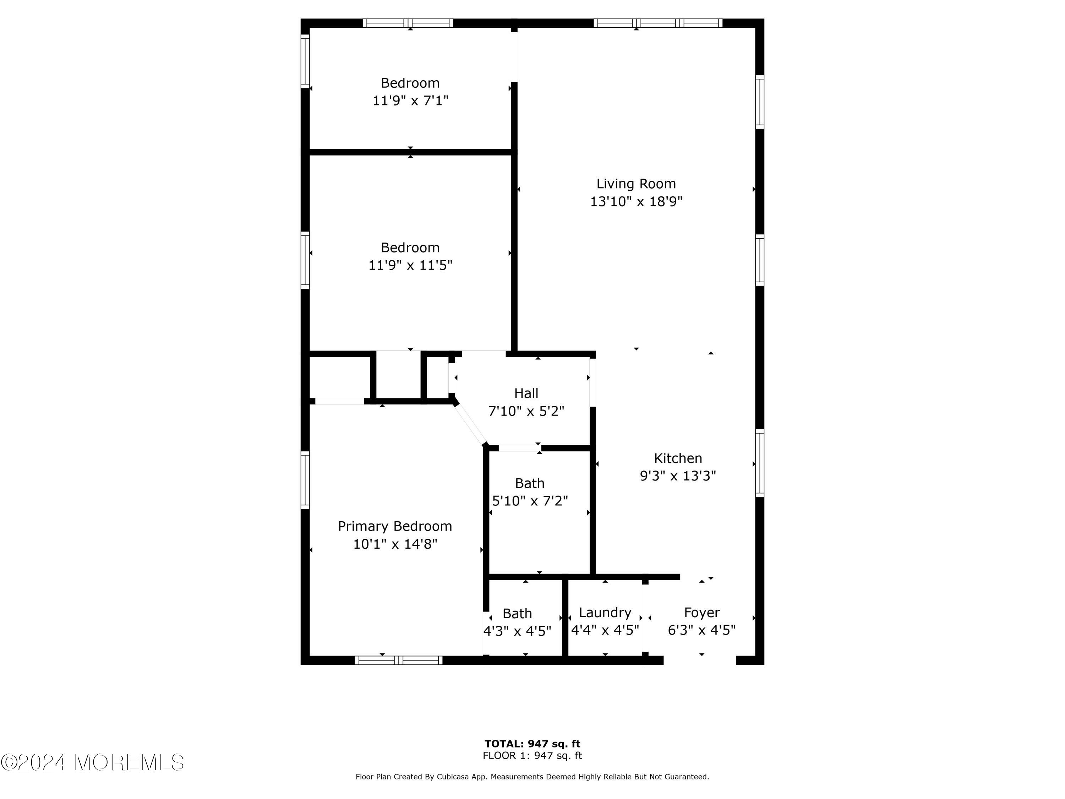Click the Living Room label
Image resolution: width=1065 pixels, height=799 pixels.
(636, 184)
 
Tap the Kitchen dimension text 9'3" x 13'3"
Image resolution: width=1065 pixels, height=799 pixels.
(678, 476)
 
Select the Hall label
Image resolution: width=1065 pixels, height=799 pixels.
(526, 393)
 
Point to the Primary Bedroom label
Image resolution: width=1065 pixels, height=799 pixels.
(395, 526)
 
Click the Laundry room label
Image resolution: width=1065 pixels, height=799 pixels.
(605, 613)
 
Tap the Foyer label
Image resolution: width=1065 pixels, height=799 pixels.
(702, 613)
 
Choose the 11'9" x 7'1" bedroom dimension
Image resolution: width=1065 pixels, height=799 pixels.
(411, 100)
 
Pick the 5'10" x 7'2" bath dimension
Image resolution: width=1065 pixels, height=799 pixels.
(530, 501)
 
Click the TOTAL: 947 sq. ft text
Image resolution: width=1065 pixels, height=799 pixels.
(532, 744)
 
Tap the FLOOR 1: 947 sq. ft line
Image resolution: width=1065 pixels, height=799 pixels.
(532, 755)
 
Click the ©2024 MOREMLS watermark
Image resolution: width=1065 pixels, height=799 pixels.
(92, 762)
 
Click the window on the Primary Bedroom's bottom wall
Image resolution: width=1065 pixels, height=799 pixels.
(399, 660)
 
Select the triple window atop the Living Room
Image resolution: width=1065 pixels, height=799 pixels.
(658, 23)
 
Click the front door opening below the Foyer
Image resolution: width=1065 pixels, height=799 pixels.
(700, 660)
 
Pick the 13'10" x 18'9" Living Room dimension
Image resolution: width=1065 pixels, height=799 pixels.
(636, 201)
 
